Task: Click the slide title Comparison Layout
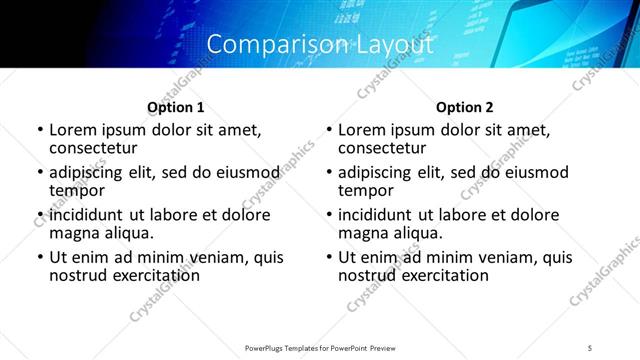[x=320, y=45]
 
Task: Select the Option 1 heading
[x=176, y=107]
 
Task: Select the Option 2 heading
[x=465, y=107]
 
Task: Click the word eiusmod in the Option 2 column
[x=533, y=172]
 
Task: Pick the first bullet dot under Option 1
[x=39, y=131]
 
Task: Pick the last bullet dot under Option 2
[x=328, y=257]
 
